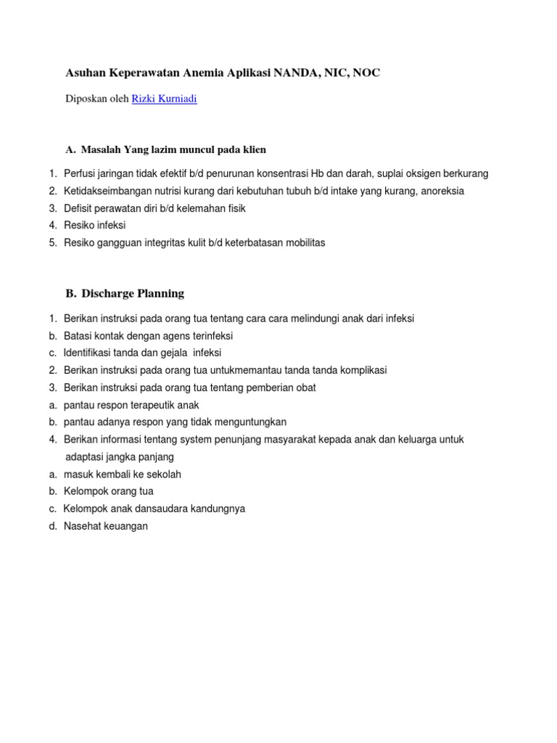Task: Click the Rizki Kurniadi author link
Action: pos(164,99)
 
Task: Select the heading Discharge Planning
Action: pos(133,294)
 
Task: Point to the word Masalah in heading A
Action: pos(102,150)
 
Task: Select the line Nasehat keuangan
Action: pos(106,527)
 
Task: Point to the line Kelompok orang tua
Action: pos(109,492)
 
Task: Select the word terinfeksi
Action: pos(210,336)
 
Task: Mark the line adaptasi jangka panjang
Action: pos(120,457)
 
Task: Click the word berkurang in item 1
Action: pos(465,173)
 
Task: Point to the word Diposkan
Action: pos(86,99)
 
